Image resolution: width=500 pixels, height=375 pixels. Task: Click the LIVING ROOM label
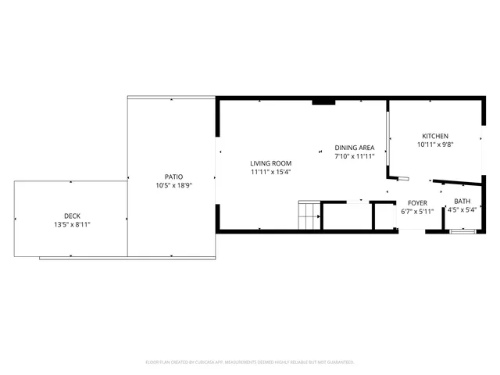pyautogui.click(x=270, y=162)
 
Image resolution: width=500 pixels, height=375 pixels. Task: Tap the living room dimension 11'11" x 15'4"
pyautogui.click(x=270, y=171)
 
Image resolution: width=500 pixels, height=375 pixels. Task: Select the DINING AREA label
pyautogui.click(x=355, y=148)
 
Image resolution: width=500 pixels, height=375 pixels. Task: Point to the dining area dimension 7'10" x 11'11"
pyautogui.click(x=355, y=156)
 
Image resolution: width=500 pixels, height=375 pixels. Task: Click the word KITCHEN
pyautogui.click(x=435, y=135)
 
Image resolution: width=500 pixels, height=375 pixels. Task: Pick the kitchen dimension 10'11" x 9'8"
pyautogui.click(x=435, y=144)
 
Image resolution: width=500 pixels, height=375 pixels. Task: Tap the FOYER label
pyautogui.click(x=416, y=202)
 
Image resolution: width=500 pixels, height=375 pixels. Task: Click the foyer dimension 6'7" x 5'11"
pyautogui.click(x=416, y=211)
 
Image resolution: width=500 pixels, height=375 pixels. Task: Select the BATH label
pyautogui.click(x=462, y=201)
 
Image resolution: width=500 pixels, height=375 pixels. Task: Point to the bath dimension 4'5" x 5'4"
pyautogui.click(x=462, y=209)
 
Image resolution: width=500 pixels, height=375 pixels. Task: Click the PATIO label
pyautogui.click(x=173, y=177)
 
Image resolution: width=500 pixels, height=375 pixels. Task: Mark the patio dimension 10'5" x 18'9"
pyautogui.click(x=173, y=185)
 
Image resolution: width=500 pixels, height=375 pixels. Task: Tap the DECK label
pyautogui.click(x=72, y=216)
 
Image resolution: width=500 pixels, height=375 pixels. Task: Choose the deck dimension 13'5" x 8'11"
pyautogui.click(x=72, y=224)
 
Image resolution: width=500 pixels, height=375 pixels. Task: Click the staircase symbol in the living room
pyautogui.click(x=309, y=215)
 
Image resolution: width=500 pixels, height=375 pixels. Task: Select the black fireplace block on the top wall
pyautogui.click(x=323, y=101)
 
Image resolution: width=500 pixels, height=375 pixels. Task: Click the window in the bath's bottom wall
pyautogui.click(x=463, y=230)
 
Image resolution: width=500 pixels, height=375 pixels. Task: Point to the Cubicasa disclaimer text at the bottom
pyautogui.click(x=250, y=362)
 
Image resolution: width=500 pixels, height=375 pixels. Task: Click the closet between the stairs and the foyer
pyautogui.click(x=347, y=216)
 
